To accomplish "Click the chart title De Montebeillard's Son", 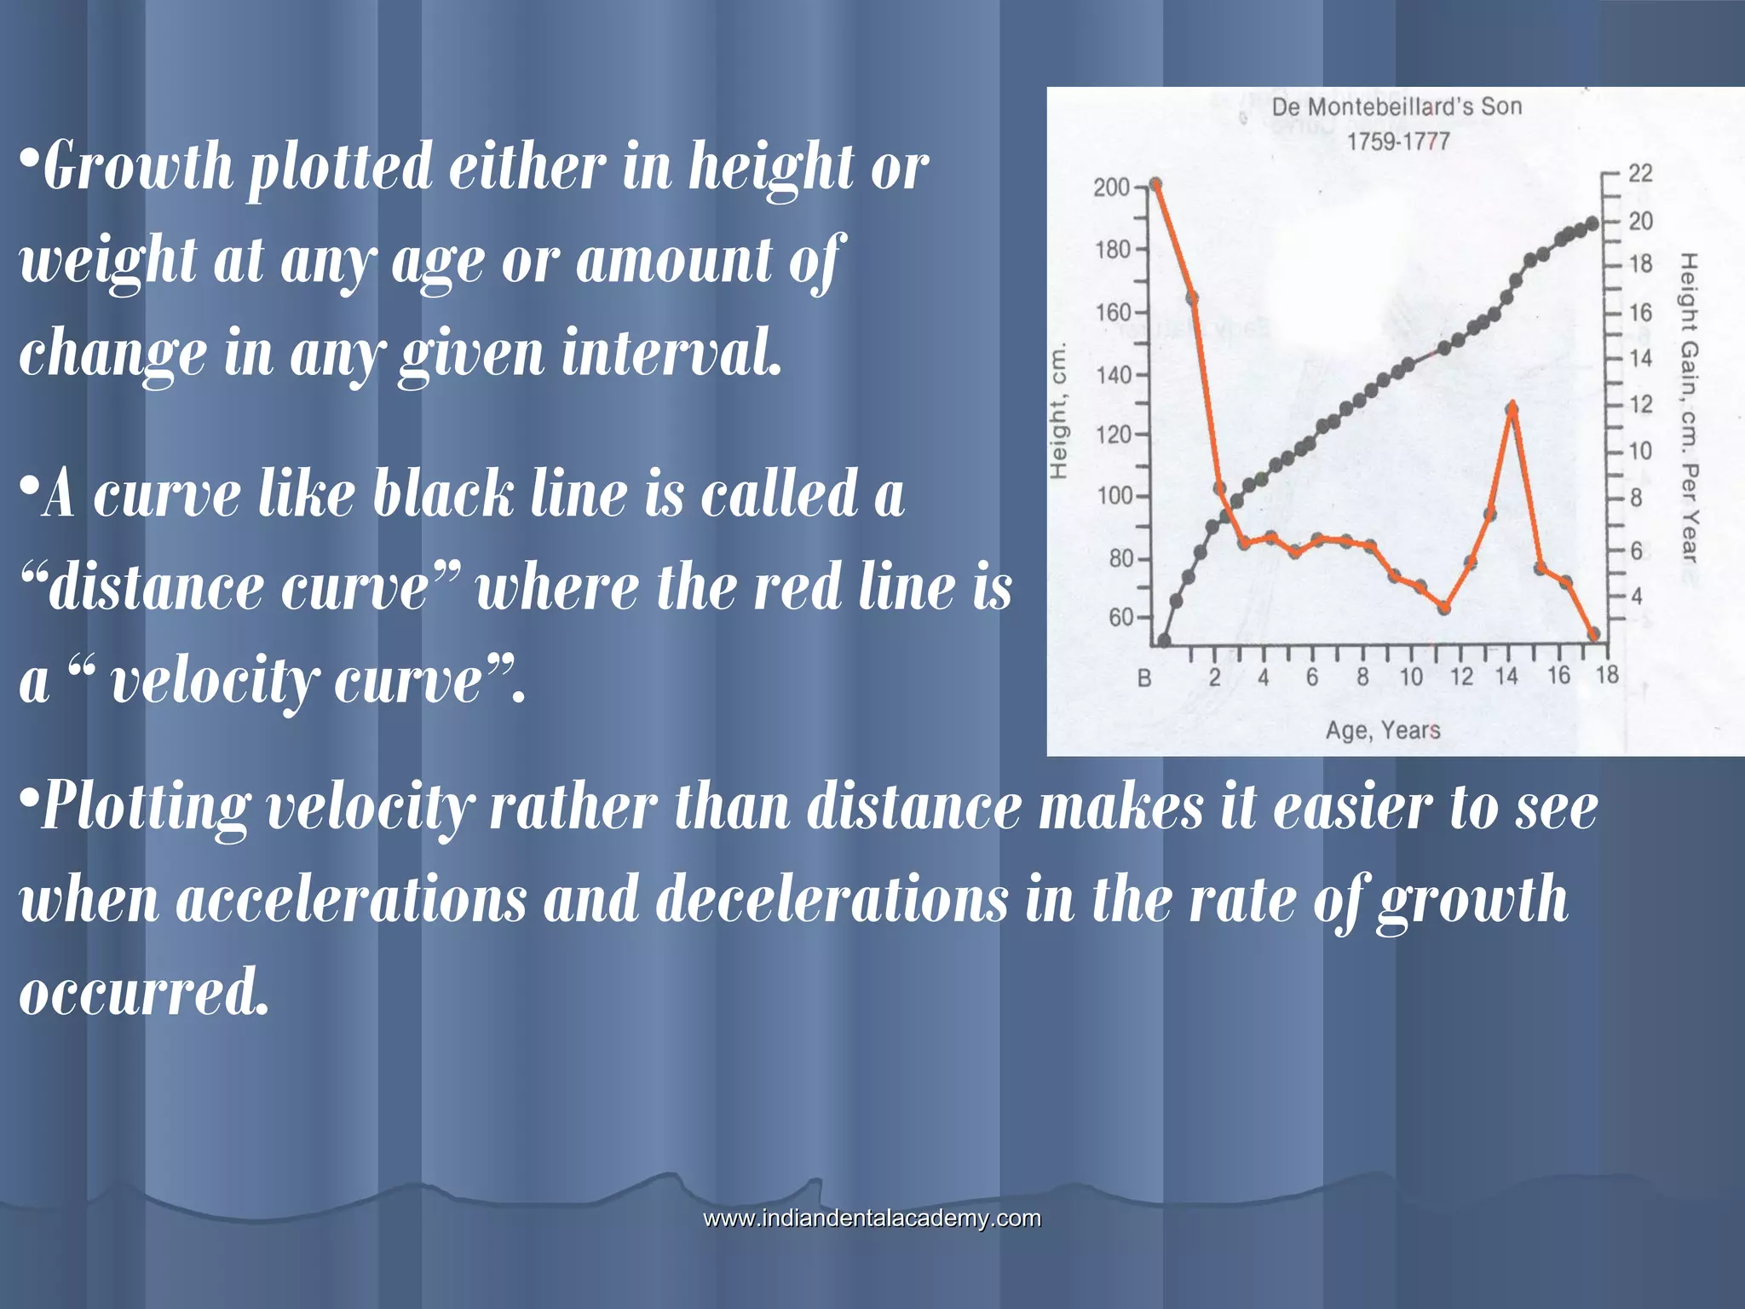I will pyautogui.click(x=1397, y=107).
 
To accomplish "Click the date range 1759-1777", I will pyautogui.click(x=1397, y=141).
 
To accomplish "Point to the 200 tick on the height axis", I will pyautogui.click(x=1111, y=187).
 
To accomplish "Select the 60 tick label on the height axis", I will pyautogui.click(x=1120, y=617).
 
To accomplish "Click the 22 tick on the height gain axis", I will pyautogui.click(x=1640, y=173).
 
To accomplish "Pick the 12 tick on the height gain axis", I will pyautogui.click(x=1640, y=404).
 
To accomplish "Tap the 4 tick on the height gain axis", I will pyautogui.click(x=1636, y=597).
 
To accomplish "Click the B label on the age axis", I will pyautogui.click(x=1144, y=678).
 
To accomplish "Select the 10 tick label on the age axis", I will pyautogui.click(x=1411, y=678).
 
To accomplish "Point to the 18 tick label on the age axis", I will pyautogui.click(x=1607, y=676).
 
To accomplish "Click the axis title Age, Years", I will pyautogui.click(x=1383, y=730).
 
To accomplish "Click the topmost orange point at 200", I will pyautogui.click(x=1155, y=184).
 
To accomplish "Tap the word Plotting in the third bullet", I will pyautogui.click(x=146, y=806).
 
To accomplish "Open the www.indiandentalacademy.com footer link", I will pyautogui.click(x=872, y=1219).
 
